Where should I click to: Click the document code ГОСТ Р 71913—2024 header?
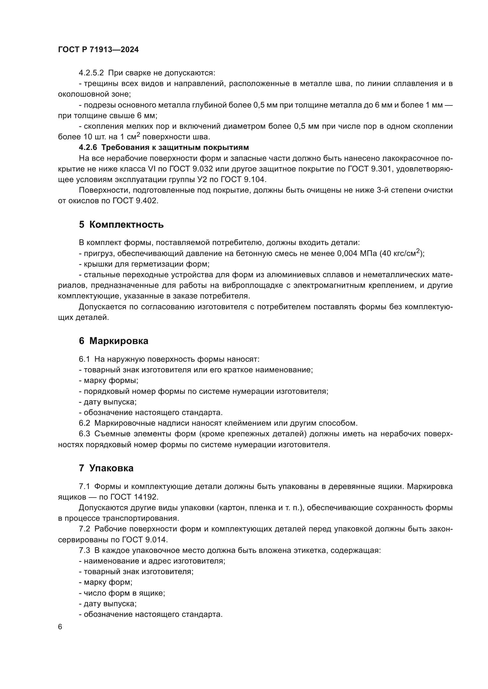(98, 50)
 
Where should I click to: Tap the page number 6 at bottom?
(60, 627)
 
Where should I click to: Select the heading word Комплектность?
(126, 224)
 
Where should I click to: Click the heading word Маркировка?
(119, 341)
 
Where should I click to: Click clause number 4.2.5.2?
(91, 73)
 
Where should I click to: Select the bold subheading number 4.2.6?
(88, 147)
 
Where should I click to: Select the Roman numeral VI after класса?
(151, 169)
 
